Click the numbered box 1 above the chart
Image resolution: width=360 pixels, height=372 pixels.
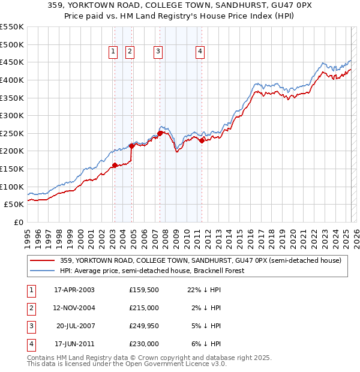pyautogui.click(x=113, y=52)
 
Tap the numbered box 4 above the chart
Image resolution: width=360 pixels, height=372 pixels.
pyautogui.click(x=199, y=52)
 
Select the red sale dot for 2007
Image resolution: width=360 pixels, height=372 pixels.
pyautogui.click(x=160, y=133)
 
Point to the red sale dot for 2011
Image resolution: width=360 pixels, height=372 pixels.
pyautogui.click(x=202, y=140)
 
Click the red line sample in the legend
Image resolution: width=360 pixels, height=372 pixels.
pyautogui.click(x=41, y=260)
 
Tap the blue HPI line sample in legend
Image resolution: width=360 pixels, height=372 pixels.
pyautogui.click(x=41, y=271)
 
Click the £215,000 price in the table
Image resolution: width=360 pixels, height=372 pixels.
pyautogui.click(x=144, y=308)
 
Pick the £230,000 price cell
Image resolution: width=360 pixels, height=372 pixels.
pyautogui.click(x=144, y=344)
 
